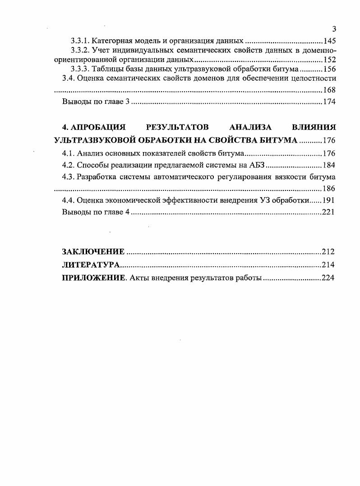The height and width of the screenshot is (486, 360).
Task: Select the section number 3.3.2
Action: [81, 50]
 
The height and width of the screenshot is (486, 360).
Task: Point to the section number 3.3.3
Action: [81, 69]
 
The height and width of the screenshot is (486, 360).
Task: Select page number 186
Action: [328, 188]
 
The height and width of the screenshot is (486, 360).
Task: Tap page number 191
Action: [328, 200]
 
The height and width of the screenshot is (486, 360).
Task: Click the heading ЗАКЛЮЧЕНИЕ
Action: [93, 251]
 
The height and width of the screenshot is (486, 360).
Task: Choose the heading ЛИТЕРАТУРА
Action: [91, 264]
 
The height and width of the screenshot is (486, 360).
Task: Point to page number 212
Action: [328, 251]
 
